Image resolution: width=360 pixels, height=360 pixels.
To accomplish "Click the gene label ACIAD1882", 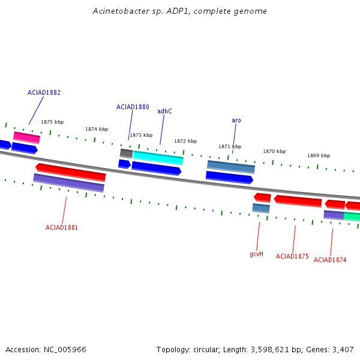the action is [x=44, y=92].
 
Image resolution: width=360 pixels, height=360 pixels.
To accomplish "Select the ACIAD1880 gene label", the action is [x=133, y=107].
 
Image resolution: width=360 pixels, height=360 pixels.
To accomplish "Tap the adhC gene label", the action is [x=164, y=111].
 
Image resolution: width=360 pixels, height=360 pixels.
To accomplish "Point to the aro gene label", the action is [x=236, y=121].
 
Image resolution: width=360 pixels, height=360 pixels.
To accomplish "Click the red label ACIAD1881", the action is [x=62, y=227].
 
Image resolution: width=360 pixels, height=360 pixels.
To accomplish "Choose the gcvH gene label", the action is [x=256, y=254].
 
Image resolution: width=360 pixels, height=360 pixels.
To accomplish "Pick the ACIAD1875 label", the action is [x=292, y=256].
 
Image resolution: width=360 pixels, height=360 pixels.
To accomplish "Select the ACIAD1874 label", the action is [x=330, y=260].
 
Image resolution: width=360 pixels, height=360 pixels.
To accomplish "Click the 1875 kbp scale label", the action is [x=52, y=122].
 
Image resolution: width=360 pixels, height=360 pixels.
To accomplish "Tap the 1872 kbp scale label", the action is [x=185, y=141].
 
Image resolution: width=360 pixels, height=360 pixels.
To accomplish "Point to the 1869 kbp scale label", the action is [x=319, y=155].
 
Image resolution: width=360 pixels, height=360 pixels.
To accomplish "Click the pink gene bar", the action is [x=26, y=137].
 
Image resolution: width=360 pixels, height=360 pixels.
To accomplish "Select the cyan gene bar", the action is [x=158, y=158].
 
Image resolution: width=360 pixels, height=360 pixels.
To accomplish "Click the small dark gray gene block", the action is [x=126, y=154].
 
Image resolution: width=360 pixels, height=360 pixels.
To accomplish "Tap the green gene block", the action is [x=352, y=217].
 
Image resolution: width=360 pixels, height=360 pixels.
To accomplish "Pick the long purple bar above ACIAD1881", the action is [x=68, y=183].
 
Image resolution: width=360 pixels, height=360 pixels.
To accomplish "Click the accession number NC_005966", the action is [x=65, y=350].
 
